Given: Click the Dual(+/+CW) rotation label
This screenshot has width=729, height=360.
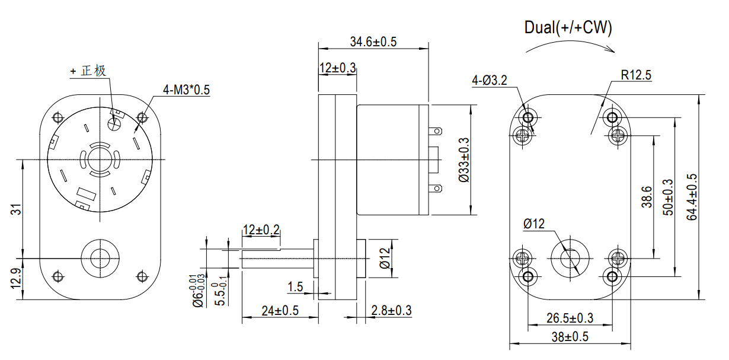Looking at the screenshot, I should point(568,27).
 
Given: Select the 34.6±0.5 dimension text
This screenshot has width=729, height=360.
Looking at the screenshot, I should point(373,42).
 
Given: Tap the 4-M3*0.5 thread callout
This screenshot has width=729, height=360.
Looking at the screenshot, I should point(187,90).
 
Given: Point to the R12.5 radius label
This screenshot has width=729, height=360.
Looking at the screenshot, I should point(636,75).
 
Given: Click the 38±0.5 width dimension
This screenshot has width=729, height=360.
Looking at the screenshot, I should point(570,337).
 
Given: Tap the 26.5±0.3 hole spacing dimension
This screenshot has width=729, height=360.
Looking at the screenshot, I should point(570,318).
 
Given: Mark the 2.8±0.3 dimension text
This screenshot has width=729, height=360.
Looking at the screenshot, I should point(391,310).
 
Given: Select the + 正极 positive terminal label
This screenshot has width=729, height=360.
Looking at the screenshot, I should point(88,71).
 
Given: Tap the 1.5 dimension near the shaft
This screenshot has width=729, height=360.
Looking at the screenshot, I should point(295,287).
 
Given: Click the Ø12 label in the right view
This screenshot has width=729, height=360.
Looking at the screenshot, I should point(533,224).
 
